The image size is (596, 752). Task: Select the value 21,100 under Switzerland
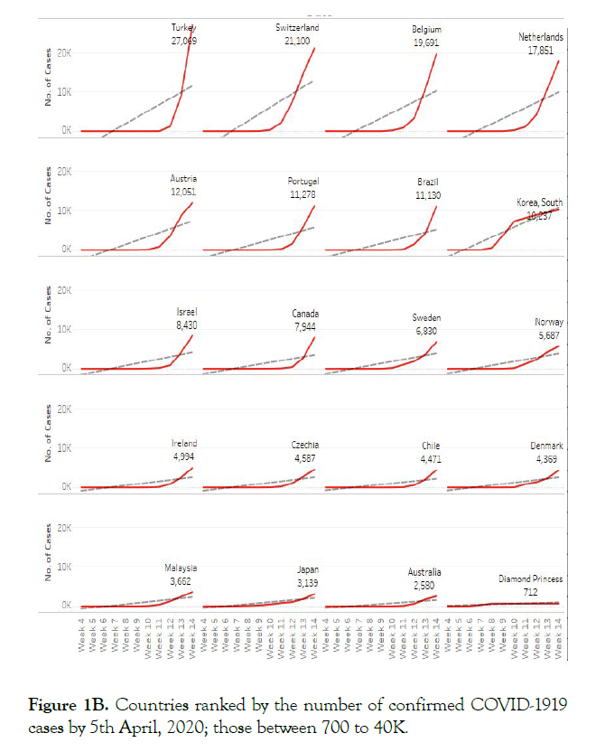click(296, 40)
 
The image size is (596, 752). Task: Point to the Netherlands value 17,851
click(540, 50)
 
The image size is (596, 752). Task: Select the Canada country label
click(305, 315)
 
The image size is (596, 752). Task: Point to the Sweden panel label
click(426, 318)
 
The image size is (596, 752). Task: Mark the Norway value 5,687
click(545, 334)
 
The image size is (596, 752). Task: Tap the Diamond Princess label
click(530, 578)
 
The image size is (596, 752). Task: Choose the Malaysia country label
click(180, 568)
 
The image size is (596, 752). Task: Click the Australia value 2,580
click(424, 584)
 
